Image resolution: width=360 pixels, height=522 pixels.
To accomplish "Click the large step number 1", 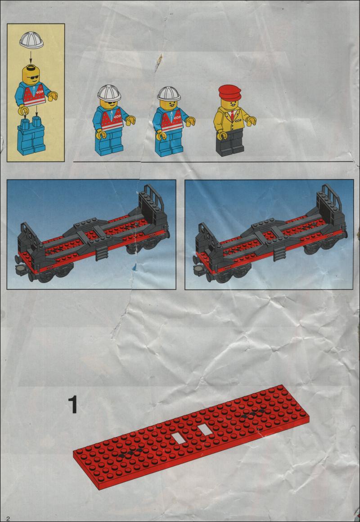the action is click(x=72, y=405).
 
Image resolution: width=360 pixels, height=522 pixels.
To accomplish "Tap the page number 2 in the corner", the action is click(x=3, y=518).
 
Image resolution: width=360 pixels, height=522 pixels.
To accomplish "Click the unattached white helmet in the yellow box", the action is click(x=31, y=40).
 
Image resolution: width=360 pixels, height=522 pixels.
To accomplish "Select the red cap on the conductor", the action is click(x=230, y=93).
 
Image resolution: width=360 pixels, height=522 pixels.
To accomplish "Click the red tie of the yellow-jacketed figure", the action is click(x=232, y=116).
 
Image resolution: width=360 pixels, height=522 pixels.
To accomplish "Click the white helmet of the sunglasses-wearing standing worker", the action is click(x=109, y=93).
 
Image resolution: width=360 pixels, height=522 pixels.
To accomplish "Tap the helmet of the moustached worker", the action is click(x=169, y=94).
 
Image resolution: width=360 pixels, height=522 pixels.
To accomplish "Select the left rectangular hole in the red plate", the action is click(x=179, y=438).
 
